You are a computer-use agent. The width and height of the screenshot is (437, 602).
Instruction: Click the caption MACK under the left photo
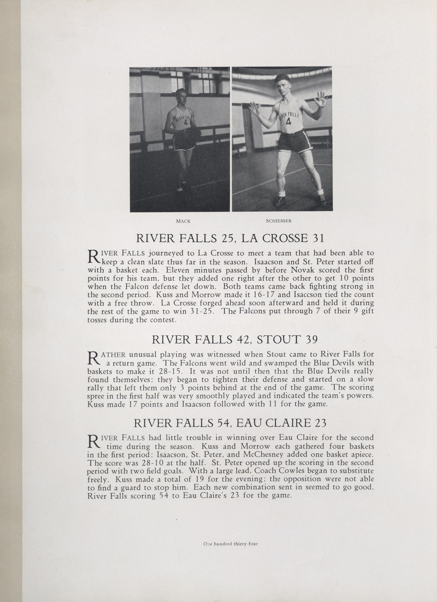[x=183, y=221]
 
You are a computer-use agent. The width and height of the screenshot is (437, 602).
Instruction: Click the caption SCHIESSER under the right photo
[x=279, y=221]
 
